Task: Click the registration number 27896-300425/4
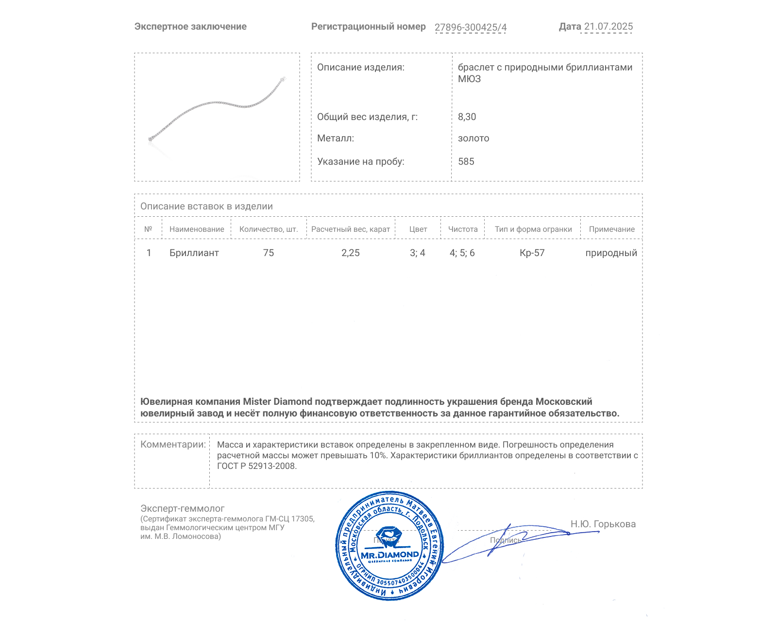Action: pyautogui.click(x=470, y=27)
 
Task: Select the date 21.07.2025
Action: pyautogui.click(x=608, y=27)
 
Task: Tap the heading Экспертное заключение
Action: pyautogui.click(x=190, y=27)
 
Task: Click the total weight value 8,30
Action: pyautogui.click(x=467, y=117)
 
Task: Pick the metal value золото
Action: pyautogui.click(x=473, y=138)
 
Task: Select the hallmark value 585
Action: pyautogui.click(x=466, y=161)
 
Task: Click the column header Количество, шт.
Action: pyautogui.click(x=269, y=229)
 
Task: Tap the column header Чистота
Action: pyautogui.click(x=463, y=229)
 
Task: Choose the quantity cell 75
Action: pyautogui.click(x=269, y=253)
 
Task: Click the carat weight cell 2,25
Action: pyautogui.click(x=351, y=253)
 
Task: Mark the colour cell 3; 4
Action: pyautogui.click(x=417, y=253)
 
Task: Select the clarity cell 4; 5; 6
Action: pyautogui.click(x=462, y=253)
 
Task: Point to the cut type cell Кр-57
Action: pyautogui.click(x=532, y=253)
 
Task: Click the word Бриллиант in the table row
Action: pyautogui.click(x=194, y=253)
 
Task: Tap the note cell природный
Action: pyautogui.click(x=611, y=253)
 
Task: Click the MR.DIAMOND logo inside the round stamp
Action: pyautogui.click(x=389, y=554)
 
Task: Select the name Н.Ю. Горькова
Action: pyautogui.click(x=603, y=524)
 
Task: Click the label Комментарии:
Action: pyautogui.click(x=173, y=444)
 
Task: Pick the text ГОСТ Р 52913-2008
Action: pyautogui.click(x=256, y=466)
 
